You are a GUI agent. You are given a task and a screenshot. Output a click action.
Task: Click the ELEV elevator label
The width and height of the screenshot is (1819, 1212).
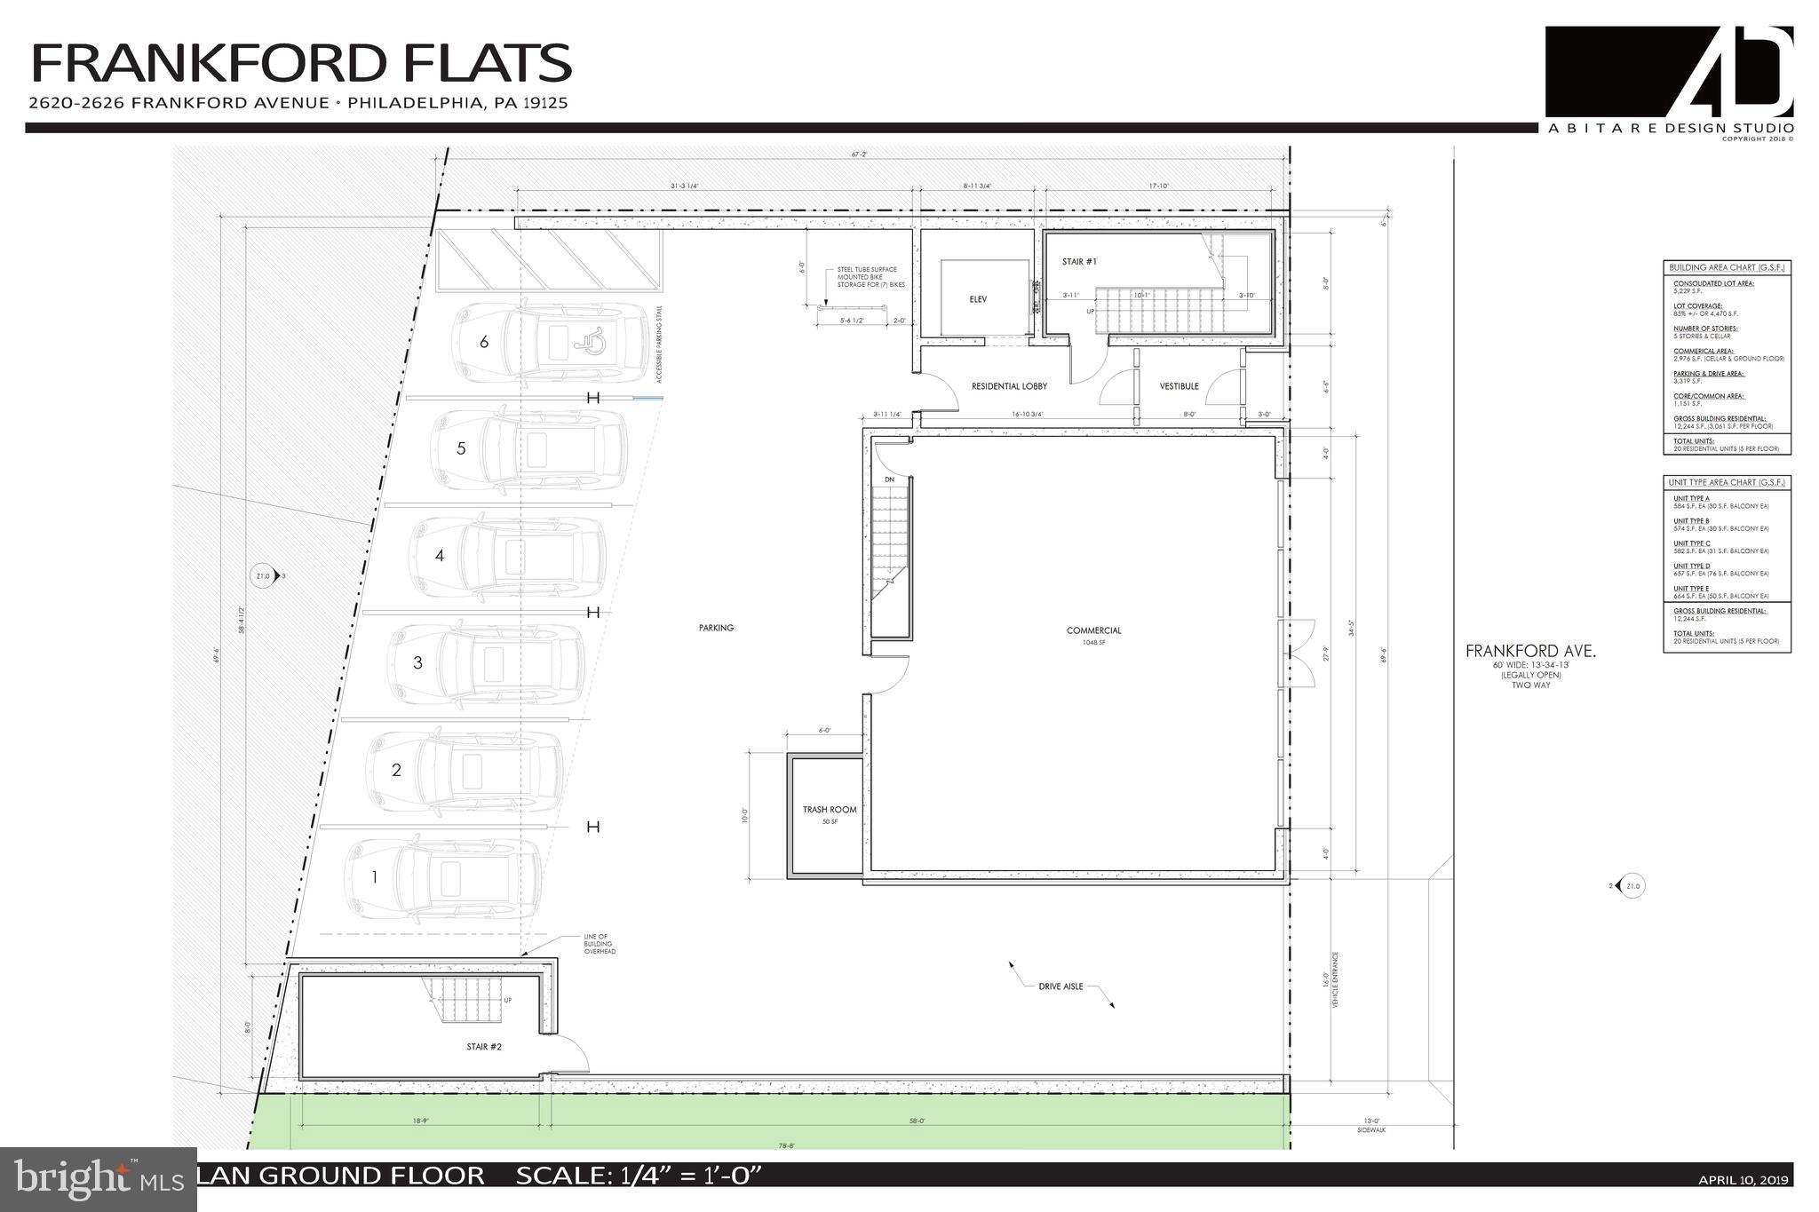[x=978, y=300]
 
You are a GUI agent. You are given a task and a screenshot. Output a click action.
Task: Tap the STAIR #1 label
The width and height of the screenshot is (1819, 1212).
[x=1079, y=262]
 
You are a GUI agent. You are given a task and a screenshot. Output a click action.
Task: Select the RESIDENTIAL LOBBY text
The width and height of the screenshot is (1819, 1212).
[x=1009, y=386]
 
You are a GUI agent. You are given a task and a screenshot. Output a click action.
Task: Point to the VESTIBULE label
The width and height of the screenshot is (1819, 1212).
[x=1179, y=386]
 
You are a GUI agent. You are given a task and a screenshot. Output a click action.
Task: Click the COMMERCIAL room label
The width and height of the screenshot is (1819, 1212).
[x=1093, y=631]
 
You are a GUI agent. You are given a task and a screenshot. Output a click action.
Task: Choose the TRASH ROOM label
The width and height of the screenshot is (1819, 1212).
[x=830, y=810]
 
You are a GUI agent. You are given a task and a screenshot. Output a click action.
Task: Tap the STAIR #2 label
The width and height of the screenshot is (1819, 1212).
[x=484, y=1047]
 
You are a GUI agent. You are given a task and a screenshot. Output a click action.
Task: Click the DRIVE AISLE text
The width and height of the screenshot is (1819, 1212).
[x=1060, y=986]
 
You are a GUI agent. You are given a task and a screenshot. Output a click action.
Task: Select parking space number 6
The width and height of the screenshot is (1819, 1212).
[x=484, y=342]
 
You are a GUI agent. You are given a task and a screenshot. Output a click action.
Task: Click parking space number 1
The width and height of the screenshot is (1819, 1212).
[x=375, y=877]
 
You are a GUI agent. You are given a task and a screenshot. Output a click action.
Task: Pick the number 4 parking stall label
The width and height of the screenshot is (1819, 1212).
[x=439, y=556]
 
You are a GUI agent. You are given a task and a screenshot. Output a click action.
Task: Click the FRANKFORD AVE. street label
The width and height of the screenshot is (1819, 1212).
[x=1530, y=652]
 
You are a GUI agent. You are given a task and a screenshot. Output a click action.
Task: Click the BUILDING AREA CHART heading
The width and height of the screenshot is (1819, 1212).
[x=1727, y=267]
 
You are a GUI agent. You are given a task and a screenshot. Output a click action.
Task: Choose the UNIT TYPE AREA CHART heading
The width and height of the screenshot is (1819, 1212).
[x=1727, y=483]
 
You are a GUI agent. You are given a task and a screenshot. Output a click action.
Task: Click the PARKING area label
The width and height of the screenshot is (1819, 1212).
[x=716, y=628]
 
